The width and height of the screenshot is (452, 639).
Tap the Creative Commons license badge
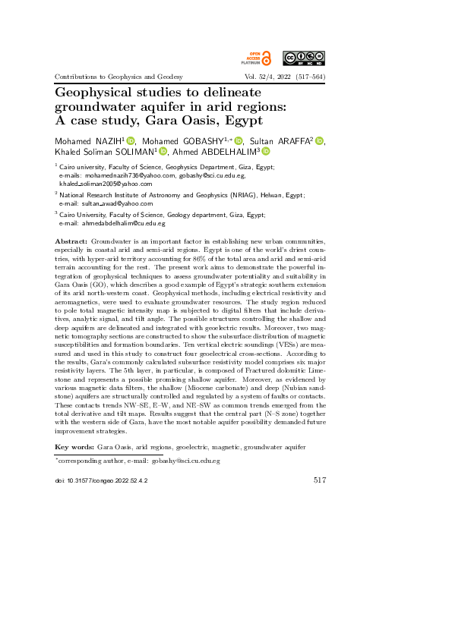coord(304,58)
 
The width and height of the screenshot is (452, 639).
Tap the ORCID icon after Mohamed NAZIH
coord(131,140)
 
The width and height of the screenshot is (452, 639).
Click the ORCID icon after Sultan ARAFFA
coord(319,140)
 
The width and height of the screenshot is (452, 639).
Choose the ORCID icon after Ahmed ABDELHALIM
coord(266,151)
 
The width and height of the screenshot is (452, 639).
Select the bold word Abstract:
coord(72,241)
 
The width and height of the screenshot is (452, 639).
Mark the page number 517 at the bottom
coord(319,480)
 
